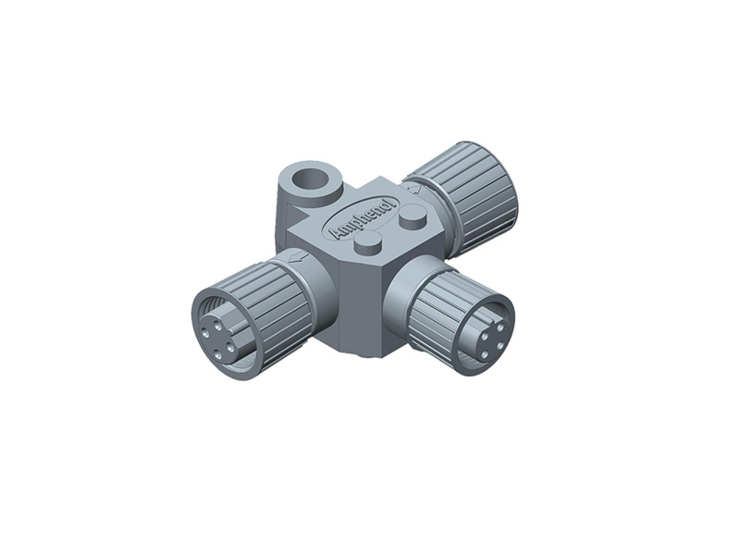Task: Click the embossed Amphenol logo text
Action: click(363, 219)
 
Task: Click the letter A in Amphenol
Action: click(337, 233)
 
